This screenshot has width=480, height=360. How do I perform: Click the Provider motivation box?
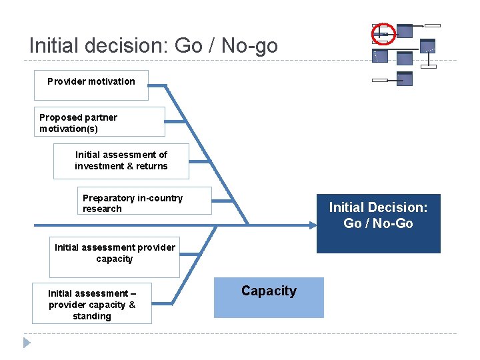pyautogui.click(x=91, y=84)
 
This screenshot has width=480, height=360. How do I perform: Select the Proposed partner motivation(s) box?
pyautogui.click(x=99, y=121)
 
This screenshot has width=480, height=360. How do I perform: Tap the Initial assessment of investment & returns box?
pyautogui.click(x=121, y=161)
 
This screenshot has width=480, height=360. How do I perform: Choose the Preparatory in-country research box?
pyautogui.click(x=145, y=201)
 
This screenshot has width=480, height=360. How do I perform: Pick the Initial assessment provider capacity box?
pyautogui.click(x=115, y=257)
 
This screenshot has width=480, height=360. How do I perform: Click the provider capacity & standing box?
pyautogui.click(x=92, y=304)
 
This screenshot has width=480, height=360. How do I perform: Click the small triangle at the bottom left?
pyautogui.click(x=27, y=343)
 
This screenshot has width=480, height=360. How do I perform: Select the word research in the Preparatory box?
pyautogui.click(x=102, y=209)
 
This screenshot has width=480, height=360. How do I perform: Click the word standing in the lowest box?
pyautogui.click(x=92, y=316)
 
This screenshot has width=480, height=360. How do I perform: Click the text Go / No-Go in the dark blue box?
pyautogui.click(x=378, y=223)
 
